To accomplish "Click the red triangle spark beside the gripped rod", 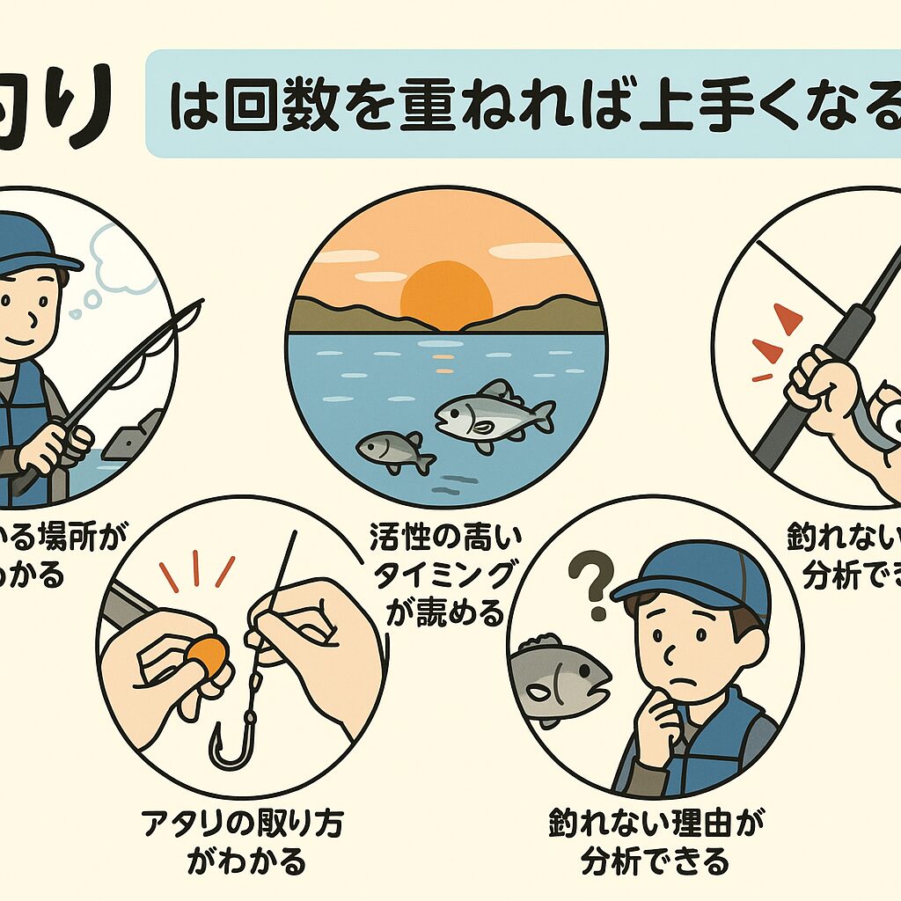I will click(786, 319).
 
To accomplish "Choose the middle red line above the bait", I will click(195, 568).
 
